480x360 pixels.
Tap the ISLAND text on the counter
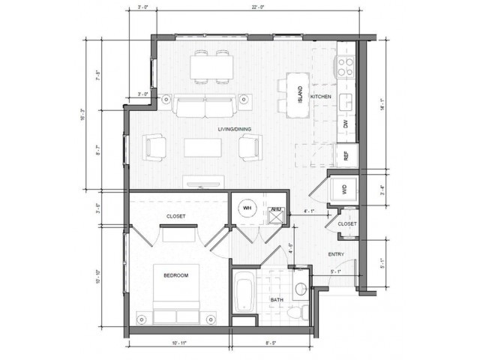(299, 94)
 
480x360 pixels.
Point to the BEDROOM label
(175, 276)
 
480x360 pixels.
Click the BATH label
(276, 301)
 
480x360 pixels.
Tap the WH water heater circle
(247, 208)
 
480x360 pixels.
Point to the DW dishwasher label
(346, 125)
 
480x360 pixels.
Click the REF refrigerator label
(346, 156)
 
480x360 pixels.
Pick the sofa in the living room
(204, 108)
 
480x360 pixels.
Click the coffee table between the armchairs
(203, 146)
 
